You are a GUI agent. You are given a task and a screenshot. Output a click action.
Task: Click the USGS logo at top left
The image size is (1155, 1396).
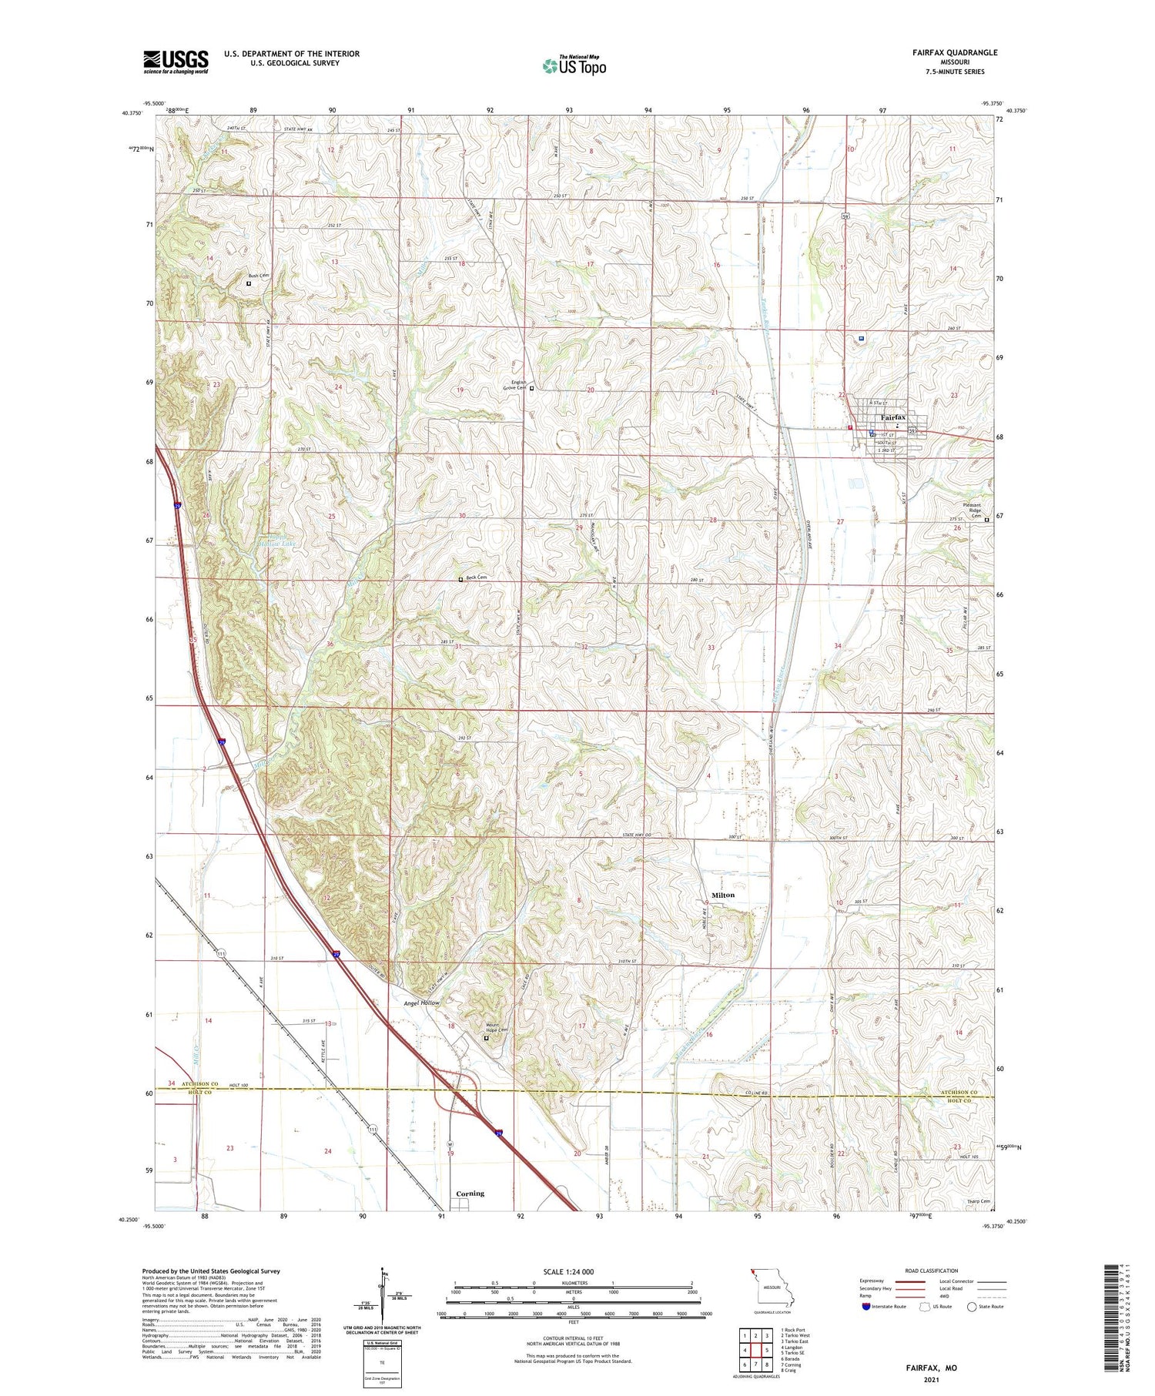pos(176,62)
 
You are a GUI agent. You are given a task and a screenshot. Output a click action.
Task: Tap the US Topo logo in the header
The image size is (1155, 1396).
pos(574,65)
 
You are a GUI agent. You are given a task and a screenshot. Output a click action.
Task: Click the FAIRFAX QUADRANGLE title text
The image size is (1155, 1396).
pos(954,52)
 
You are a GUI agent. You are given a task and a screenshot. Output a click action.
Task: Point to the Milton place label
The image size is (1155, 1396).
pos(722,895)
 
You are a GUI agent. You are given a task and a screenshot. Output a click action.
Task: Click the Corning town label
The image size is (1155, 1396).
pos(470,1193)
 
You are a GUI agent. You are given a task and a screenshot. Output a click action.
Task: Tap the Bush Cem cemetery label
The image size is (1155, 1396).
pos(258,276)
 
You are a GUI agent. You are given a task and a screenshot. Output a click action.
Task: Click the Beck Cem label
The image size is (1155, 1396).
pos(477,577)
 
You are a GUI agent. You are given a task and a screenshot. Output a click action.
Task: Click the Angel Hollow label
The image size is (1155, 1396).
pos(422,1003)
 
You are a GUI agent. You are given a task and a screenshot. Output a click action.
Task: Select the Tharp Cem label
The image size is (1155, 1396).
pos(979,1200)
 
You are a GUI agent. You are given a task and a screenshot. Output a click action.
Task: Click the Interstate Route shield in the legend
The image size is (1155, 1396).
pos(866,1307)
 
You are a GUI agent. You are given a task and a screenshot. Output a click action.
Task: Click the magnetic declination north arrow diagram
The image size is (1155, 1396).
pos(381,1296)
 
